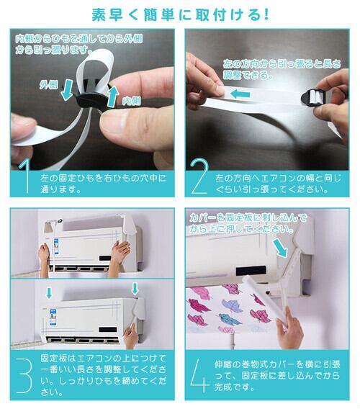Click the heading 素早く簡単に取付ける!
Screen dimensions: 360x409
point(180,14)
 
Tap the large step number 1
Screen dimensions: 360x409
point(26,176)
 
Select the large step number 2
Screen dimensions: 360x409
point(199,176)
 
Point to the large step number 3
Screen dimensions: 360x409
point(24,376)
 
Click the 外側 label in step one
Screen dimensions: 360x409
point(48,84)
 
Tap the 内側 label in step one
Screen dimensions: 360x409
point(132,101)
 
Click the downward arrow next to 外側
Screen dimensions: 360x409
point(67,90)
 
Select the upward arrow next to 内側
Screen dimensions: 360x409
point(112,96)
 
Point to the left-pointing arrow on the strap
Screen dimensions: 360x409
point(240,94)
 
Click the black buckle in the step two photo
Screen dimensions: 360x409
point(313,98)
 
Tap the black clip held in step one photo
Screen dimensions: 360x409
point(92,97)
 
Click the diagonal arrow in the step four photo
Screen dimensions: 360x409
point(279,248)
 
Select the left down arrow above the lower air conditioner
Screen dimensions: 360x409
point(49,293)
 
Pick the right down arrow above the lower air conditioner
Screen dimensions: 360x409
point(135,289)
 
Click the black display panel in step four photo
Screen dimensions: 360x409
point(251,271)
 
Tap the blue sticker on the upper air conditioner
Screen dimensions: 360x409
point(56,247)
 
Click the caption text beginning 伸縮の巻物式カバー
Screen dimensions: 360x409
point(277,376)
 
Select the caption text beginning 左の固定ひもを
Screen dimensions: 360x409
point(103,184)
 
